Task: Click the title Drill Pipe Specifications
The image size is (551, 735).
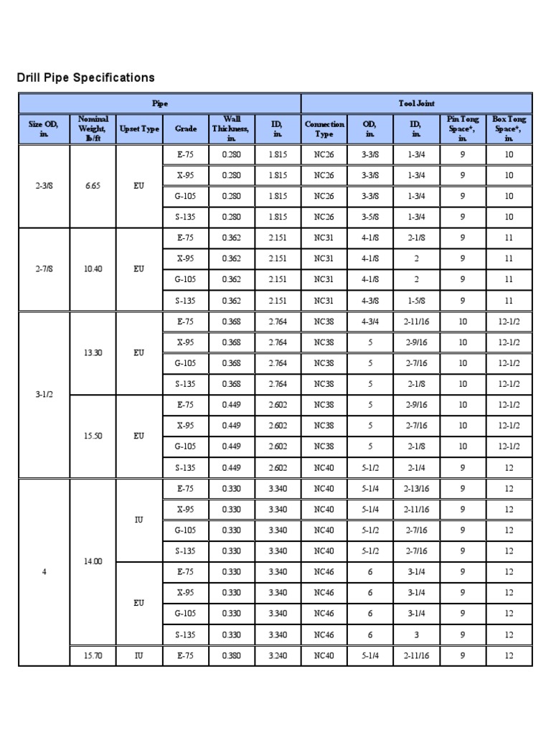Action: [x=85, y=78]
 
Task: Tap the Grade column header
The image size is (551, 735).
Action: [x=185, y=129]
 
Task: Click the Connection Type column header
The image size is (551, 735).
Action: [x=324, y=129]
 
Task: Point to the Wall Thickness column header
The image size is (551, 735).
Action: [x=231, y=129]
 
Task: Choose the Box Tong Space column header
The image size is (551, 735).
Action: [x=509, y=129]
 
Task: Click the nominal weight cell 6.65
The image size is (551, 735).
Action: [x=95, y=185]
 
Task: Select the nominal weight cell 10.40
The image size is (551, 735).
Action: [x=95, y=268]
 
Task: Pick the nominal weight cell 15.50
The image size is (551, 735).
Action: [x=95, y=436]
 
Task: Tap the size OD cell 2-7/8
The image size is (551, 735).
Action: [x=44, y=268]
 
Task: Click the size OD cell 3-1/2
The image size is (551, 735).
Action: [x=44, y=394]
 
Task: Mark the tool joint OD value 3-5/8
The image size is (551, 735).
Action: [x=370, y=217]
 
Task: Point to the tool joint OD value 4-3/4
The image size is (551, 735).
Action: [x=370, y=322]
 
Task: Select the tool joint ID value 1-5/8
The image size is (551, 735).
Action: [x=416, y=300]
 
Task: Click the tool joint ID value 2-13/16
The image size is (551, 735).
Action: [x=416, y=488]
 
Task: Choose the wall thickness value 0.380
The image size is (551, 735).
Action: [x=231, y=655]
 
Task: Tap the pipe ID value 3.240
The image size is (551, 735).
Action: [x=277, y=655]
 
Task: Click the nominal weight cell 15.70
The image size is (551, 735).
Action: [x=95, y=655]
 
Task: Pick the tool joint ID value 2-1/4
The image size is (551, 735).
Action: [x=416, y=467]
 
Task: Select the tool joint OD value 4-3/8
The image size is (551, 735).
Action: [x=370, y=300]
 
